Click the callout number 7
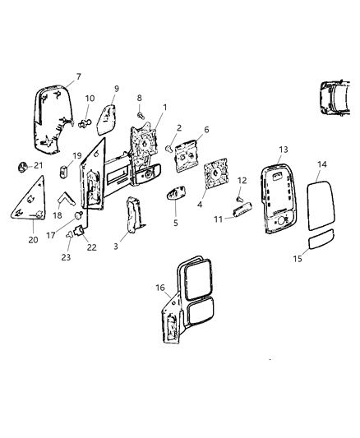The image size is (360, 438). [x=78, y=77]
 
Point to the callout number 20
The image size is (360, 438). [x=32, y=242]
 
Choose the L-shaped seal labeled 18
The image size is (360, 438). [x=65, y=199]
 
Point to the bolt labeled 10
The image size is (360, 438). [x=85, y=125]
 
